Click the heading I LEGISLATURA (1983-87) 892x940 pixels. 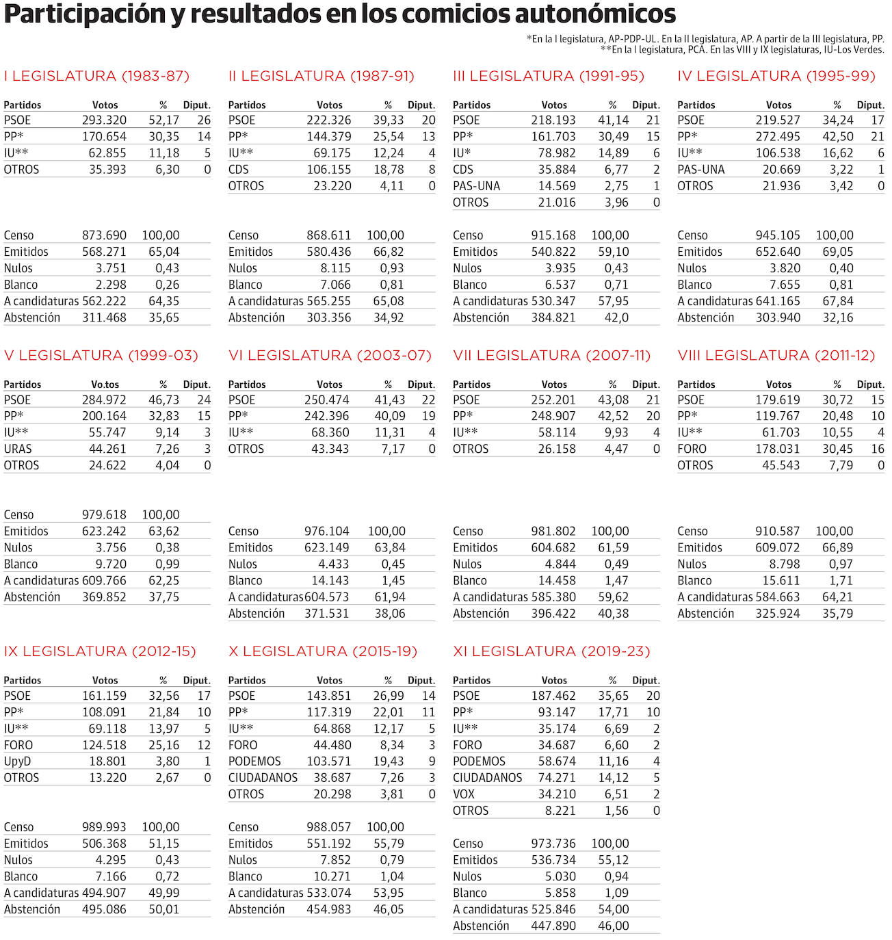pyautogui.click(x=96, y=76)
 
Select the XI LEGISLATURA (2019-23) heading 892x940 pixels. pyautogui.click(x=551, y=651)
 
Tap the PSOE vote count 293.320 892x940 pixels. pyautogui.click(x=104, y=120)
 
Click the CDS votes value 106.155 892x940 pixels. pyautogui.click(x=328, y=170)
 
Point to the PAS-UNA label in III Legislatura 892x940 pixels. pyautogui.click(x=476, y=186)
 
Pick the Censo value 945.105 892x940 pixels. pyautogui.click(x=777, y=235)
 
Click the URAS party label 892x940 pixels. pyautogui.click(x=18, y=449)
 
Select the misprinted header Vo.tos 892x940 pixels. pyautogui.click(x=105, y=384)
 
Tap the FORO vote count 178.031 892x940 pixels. pyautogui.click(x=777, y=449)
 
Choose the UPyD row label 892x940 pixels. pyautogui.click(x=17, y=761)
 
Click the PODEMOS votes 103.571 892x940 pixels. pyautogui.click(x=328, y=761)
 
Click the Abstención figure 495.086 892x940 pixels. pyautogui.click(x=104, y=909)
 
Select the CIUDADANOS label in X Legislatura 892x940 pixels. pyautogui.click(x=263, y=778)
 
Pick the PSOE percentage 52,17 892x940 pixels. pyautogui.click(x=163, y=120)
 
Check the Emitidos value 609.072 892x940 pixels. pyautogui.click(x=777, y=548)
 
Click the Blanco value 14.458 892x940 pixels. pyautogui.click(x=553, y=581)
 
